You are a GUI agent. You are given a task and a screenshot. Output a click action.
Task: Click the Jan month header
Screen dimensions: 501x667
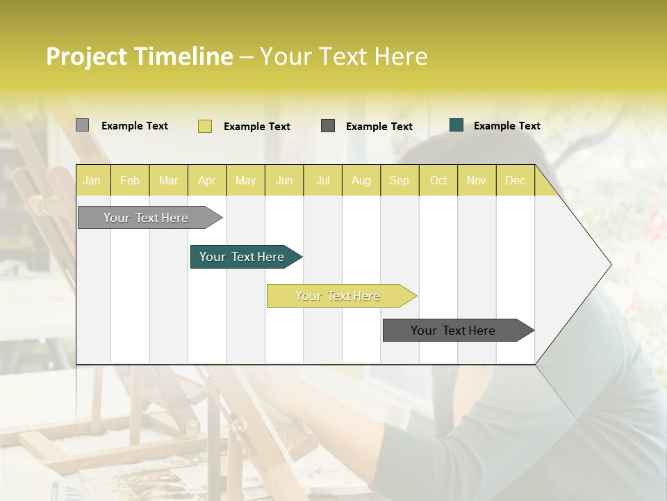(x=92, y=181)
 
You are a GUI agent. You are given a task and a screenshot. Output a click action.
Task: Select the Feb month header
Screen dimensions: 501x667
(x=130, y=181)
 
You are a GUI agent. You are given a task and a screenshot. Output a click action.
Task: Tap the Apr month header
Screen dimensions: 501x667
(x=207, y=181)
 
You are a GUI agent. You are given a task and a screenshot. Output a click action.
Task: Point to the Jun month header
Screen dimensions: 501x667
(x=284, y=181)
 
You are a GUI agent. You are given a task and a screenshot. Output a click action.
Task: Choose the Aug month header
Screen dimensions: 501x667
(x=361, y=181)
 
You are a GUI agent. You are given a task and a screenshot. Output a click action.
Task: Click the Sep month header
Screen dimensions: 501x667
(x=400, y=181)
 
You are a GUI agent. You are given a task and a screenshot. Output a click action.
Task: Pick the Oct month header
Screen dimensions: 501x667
(x=438, y=181)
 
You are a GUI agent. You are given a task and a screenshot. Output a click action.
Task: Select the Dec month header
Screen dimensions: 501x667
(x=516, y=181)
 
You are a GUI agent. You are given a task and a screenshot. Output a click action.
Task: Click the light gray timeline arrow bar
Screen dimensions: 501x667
(x=147, y=218)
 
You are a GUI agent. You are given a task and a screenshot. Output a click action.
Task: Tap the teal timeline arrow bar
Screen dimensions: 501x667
(x=242, y=257)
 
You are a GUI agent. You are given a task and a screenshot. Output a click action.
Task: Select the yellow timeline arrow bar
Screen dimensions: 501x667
(x=338, y=296)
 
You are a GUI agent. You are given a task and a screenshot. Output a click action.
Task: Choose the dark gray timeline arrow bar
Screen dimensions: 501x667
(x=454, y=331)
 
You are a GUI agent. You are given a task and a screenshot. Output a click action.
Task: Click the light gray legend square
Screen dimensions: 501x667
(x=82, y=125)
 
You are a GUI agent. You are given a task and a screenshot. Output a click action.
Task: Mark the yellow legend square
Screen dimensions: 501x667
(x=204, y=126)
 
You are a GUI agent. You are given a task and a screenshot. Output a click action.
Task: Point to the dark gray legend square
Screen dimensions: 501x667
(x=328, y=126)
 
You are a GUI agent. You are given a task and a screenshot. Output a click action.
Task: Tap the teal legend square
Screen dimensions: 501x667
(x=456, y=125)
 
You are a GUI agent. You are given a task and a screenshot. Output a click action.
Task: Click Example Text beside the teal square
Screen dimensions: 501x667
(x=507, y=126)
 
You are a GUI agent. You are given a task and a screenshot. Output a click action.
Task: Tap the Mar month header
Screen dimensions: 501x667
(x=169, y=181)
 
